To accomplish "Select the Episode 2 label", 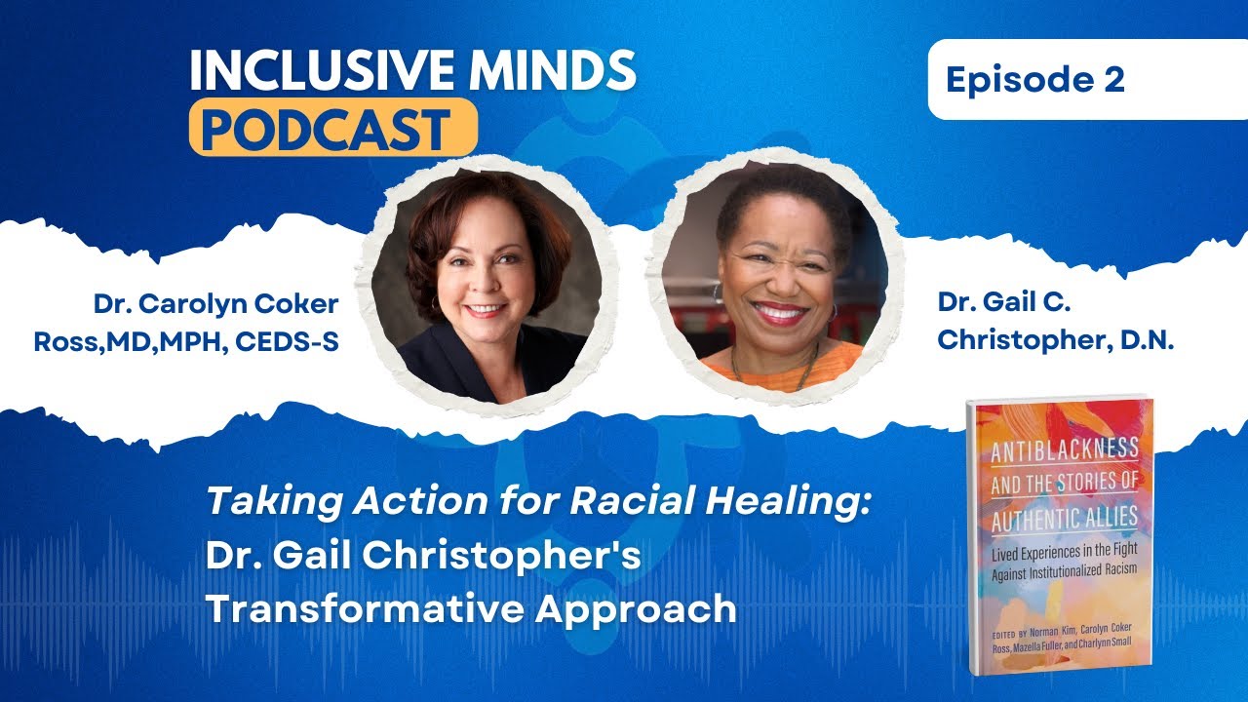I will (1034, 80).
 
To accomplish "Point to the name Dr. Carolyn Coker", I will (215, 304).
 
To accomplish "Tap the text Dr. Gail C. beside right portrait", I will (1004, 303).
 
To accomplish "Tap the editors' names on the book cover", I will (1057, 628).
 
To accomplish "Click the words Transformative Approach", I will (470, 608).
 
